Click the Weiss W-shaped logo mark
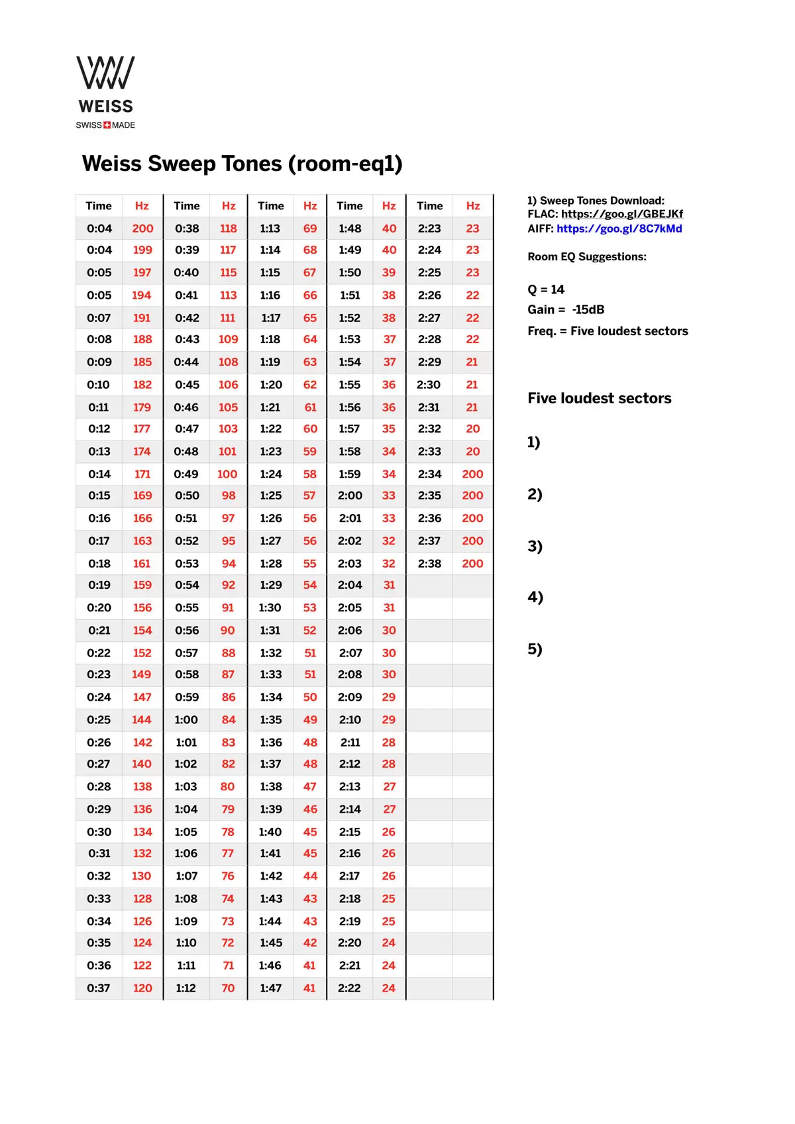105,72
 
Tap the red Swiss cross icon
107,125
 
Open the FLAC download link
621,214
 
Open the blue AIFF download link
619,229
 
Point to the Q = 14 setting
546,289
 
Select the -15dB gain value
588,309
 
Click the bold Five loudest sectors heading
599,398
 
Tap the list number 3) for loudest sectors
535,546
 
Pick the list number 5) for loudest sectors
535,649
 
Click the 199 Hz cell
142,250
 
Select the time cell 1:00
186,719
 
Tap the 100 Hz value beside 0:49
227,474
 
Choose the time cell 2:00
350,495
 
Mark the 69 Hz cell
310,229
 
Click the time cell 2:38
429,564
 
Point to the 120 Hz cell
142,988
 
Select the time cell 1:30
270,607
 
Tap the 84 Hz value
229,719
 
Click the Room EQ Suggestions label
586,257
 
